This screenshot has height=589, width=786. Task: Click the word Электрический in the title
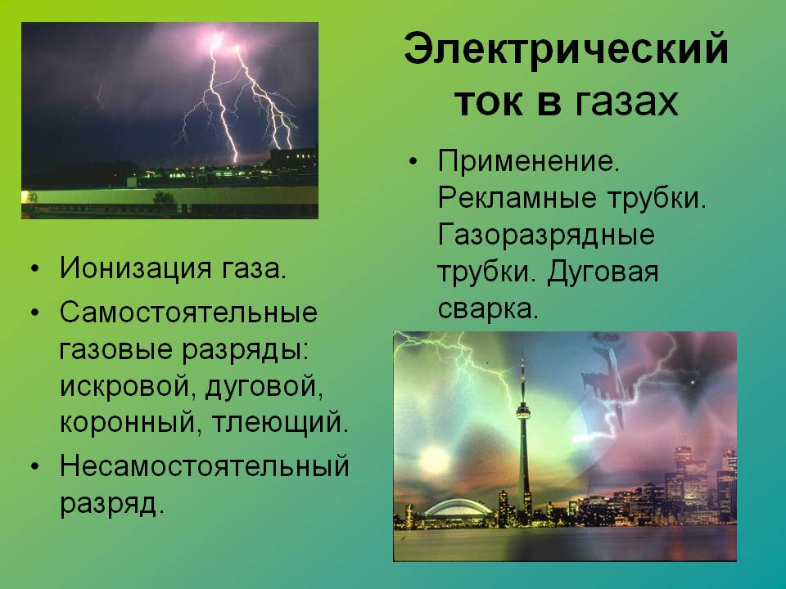pyautogui.click(x=566, y=48)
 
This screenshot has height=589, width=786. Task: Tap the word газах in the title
pyautogui.click(x=626, y=102)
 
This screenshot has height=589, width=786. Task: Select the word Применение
pyautogui.click(x=529, y=162)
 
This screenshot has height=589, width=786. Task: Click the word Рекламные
pyautogui.click(x=517, y=198)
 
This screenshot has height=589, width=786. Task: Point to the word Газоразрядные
pyautogui.click(x=546, y=236)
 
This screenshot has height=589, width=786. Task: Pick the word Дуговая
pyautogui.click(x=603, y=272)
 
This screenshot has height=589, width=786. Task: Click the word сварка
pyautogui.click(x=488, y=308)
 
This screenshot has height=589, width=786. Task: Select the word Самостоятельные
pyautogui.click(x=188, y=312)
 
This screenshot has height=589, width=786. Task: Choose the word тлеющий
pyautogui.click(x=280, y=423)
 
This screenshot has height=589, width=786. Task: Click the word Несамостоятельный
pyautogui.click(x=205, y=465)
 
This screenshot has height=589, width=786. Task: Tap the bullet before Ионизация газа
pyautogui.click(x=34, y=269)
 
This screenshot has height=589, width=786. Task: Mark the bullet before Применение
pyautogui.click(x=413, y=162)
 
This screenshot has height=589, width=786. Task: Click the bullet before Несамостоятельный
pyautogui.click(x=34, y=467)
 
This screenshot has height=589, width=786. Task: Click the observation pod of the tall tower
pyautogui.click(x=523, y=411)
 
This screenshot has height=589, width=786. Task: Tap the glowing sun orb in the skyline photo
pyautogui.click(x=434, y=458)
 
